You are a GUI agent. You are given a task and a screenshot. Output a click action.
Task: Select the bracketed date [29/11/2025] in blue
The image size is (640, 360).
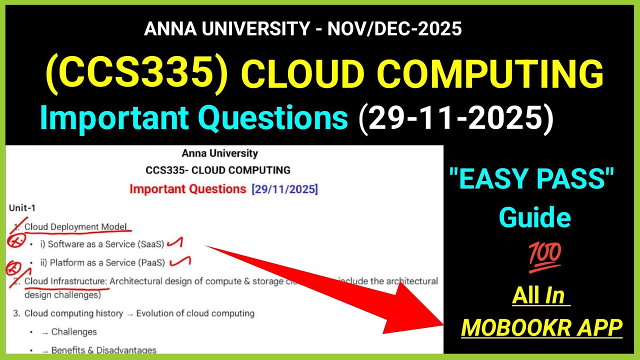(284, 189)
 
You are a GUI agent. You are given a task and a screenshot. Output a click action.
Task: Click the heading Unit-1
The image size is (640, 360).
(22, 207)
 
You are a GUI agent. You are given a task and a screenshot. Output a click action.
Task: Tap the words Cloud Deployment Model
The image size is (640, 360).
(75, 226)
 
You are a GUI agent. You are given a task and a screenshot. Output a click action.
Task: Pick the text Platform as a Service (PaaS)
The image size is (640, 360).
(109, 262)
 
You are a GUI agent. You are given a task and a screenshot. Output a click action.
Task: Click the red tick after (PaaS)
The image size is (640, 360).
(181, 261)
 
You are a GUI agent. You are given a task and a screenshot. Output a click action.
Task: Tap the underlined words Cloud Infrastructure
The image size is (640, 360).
(66, 281)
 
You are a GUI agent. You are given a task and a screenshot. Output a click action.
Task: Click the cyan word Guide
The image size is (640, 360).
(535, 217)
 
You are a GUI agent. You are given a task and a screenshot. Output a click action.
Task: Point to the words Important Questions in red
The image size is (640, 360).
(187, 189)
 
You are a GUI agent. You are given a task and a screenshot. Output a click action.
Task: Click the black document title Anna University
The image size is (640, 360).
(220, 153)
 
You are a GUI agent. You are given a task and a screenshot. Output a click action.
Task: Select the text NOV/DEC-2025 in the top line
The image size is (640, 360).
(394, 29)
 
